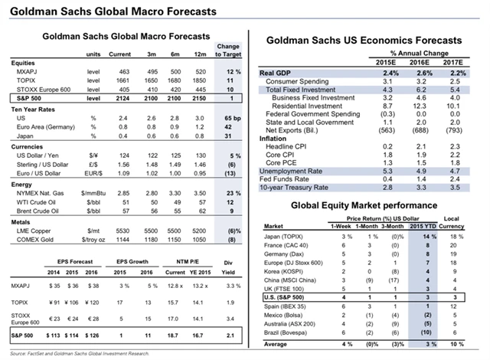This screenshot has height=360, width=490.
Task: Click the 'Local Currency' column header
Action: [459, 223]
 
